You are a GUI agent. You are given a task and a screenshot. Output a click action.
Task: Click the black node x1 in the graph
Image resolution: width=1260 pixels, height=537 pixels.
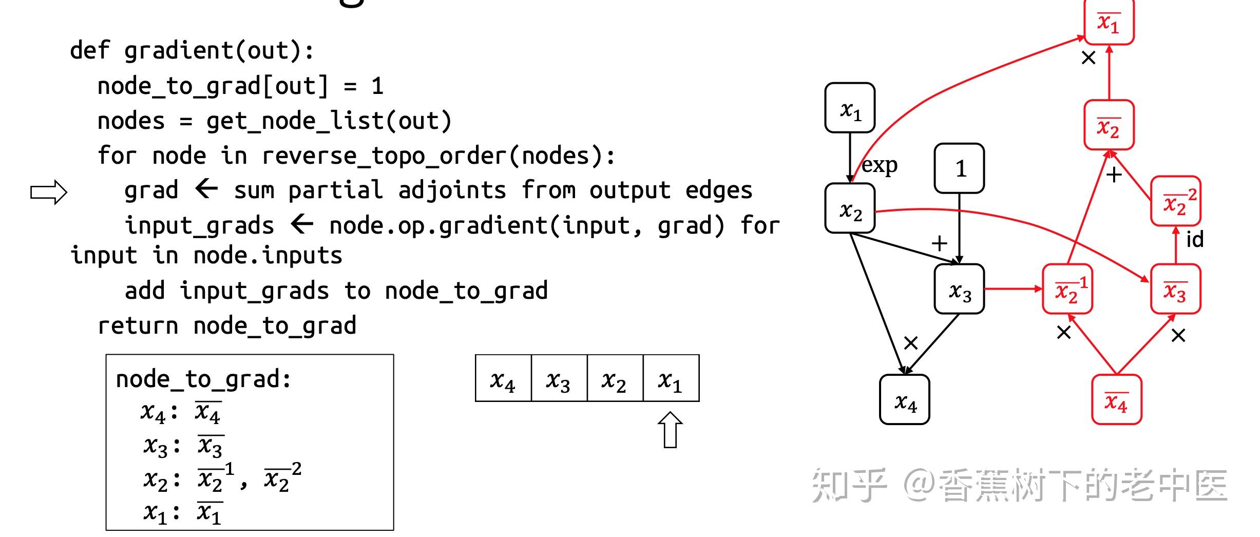[850, 108]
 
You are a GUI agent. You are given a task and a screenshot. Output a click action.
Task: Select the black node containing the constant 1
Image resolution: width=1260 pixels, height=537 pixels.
[959, 168]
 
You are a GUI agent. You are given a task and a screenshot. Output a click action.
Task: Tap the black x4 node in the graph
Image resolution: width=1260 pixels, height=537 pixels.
[904, 400]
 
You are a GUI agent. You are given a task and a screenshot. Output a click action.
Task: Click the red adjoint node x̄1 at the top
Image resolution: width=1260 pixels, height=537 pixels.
[1109, 22]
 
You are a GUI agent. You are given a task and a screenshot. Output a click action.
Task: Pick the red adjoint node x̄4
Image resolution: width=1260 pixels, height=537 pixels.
[1116, 400]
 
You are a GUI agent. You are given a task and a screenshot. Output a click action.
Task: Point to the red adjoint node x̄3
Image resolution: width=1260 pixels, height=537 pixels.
[1175, 289]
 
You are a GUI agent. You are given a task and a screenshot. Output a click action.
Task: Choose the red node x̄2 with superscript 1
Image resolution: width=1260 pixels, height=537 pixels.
[1067, 289]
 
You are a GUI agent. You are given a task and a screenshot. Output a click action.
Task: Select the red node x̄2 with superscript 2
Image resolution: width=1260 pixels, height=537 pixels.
[1175, 201]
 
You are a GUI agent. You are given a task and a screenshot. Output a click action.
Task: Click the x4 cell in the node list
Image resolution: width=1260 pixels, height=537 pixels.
[503, 378]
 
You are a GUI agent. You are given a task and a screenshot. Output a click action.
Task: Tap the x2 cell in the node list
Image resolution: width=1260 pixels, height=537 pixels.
[615, 378]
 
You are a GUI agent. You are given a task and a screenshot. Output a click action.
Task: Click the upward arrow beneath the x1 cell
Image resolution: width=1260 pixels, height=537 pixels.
[670, 430]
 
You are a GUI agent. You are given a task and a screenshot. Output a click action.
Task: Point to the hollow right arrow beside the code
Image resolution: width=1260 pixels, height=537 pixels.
[49, 193]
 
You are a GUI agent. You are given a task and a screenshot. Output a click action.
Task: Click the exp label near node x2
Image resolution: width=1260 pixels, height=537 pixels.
[879, 165]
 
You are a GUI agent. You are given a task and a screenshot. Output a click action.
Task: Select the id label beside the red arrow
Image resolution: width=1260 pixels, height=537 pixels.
[1194, 239]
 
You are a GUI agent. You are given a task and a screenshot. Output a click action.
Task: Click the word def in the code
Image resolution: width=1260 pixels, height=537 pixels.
[89, 50]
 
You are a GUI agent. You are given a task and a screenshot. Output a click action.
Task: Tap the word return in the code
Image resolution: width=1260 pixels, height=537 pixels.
[138, 325]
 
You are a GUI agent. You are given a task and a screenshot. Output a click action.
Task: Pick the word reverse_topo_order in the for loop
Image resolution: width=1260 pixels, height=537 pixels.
[384, 156]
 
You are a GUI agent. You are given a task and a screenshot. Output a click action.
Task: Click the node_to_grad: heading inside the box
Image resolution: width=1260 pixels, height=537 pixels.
[203, 379]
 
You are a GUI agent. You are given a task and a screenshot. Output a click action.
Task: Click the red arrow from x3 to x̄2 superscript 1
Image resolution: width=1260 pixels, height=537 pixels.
[1013, 289]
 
